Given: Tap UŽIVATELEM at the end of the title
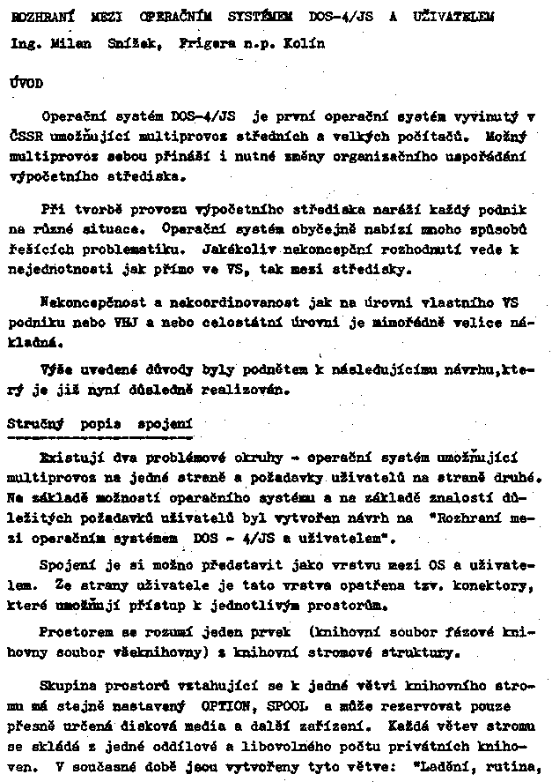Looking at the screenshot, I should tap(453, 16).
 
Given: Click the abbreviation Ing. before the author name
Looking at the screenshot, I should tap(25, 43).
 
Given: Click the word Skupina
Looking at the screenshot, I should tap(70, 684).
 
